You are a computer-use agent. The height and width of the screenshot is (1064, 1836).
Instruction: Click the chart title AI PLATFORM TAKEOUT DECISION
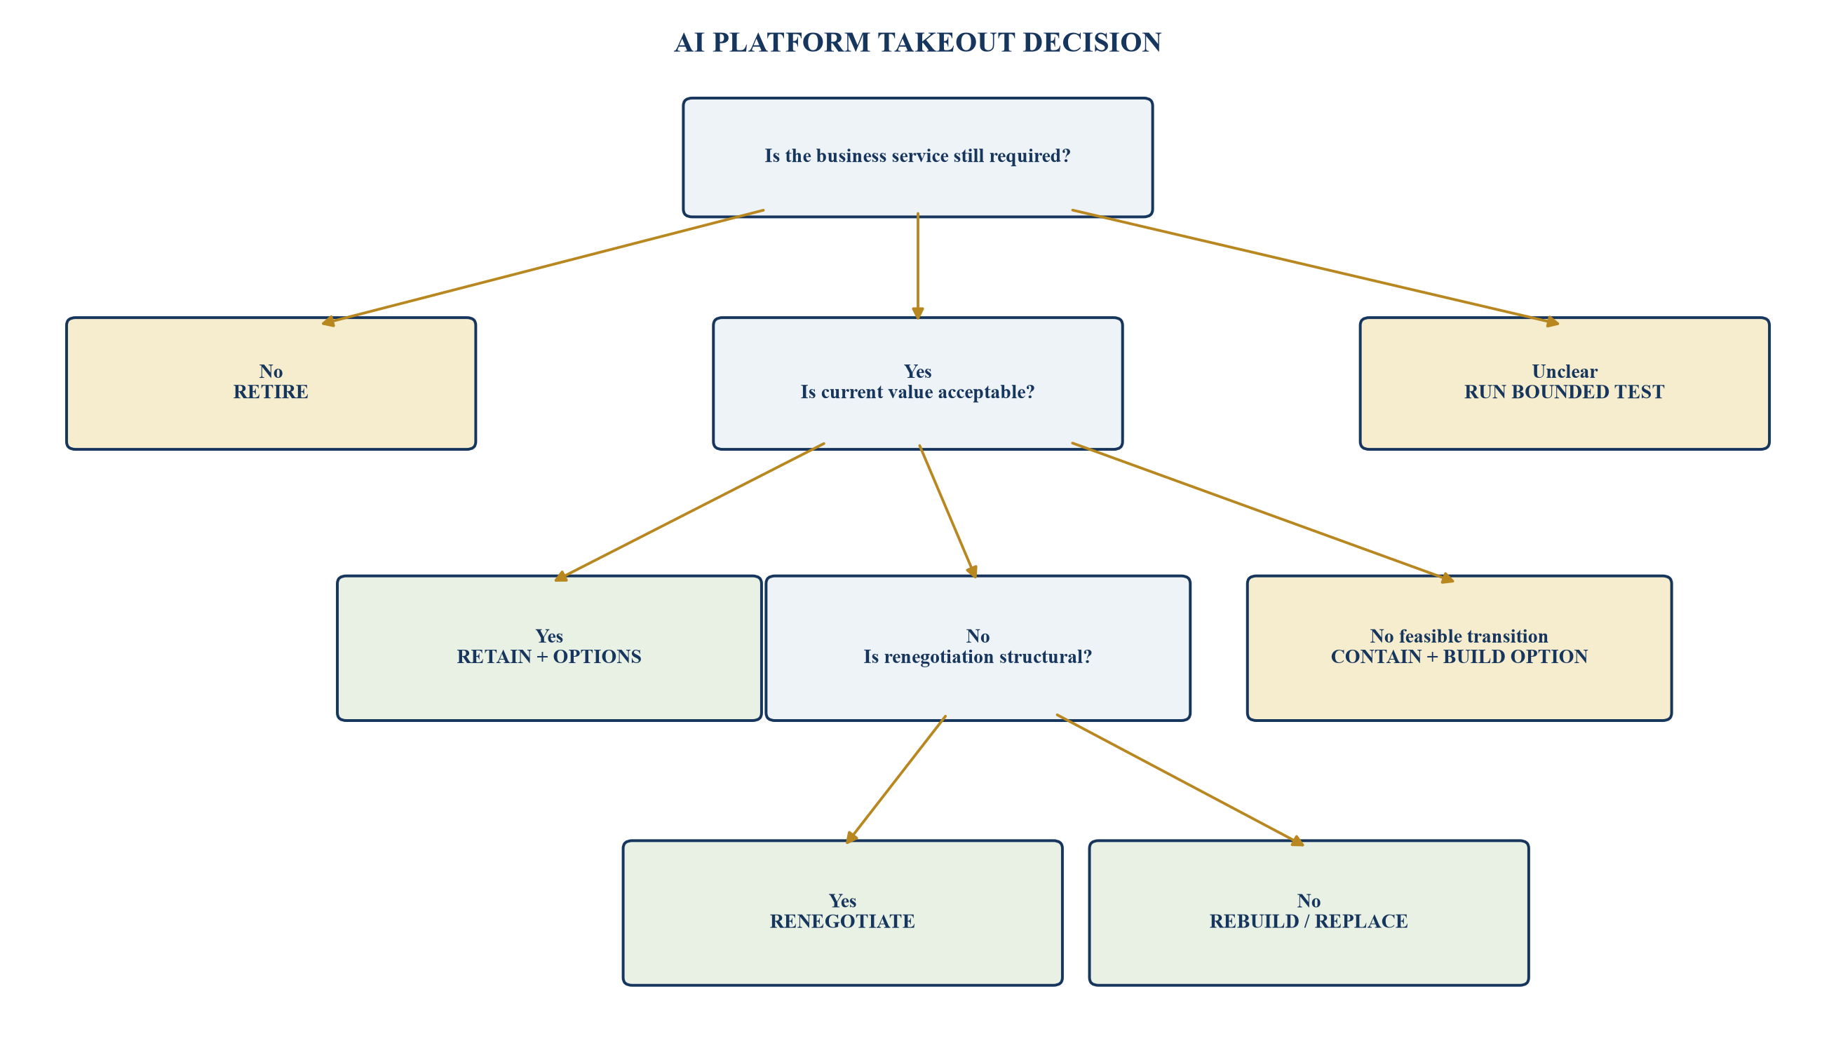pyautogui.click(x=917, y=42)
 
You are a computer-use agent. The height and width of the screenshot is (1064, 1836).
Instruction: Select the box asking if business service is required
pyautogui.click(x=917, y=157)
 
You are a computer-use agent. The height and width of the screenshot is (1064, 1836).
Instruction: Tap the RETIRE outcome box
pyautogui.click(x=271, y=383)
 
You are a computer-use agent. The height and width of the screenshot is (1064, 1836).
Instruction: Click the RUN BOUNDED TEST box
pyautogui.click(x=1564, y=383)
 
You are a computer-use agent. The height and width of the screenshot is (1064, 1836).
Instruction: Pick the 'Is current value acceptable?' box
pyautogui.click(x=917, y=383)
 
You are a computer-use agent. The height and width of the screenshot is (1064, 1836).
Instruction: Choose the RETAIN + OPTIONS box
pyautogui.click(x=548, y=648)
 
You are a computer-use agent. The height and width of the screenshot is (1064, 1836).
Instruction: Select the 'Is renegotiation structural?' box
pyautogui.click(x=978, y=648)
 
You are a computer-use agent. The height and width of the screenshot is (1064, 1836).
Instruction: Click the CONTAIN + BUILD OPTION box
pyautogui.click(x=1459, y=648)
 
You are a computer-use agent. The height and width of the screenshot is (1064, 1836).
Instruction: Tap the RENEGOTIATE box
pyautogui.click(x=842, y=913)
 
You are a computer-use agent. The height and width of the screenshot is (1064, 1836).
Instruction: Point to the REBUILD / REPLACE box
pyautogui.click(x=1309, y=913)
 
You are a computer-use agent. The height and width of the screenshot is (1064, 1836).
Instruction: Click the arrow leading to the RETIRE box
pyautogui.click(x=543, y=267)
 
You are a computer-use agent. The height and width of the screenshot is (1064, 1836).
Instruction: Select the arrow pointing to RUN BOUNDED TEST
pyautogui.click(x=1315, y=267)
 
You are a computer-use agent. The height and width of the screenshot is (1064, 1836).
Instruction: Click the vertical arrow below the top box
pyautogui.click(x=918, y=266)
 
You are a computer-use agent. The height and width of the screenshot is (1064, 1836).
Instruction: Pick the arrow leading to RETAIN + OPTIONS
pyautogui.click(x=689, y=511)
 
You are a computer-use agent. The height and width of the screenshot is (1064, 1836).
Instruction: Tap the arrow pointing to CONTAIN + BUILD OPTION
pyautogui.click(x=1262, y=512)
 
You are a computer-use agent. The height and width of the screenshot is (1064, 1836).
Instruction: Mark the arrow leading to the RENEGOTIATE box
pyautogui.click(x=896, y=780)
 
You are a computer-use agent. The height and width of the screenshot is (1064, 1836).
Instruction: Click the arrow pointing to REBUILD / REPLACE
pyautogui.click(x=1180, y=780)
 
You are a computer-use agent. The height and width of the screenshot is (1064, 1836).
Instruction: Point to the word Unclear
pyautogui.click(x=1564, y=371)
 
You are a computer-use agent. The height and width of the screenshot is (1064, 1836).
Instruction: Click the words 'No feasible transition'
pyautogui.click(x=1459, y=636)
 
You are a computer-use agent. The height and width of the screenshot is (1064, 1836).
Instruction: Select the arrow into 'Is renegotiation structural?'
pyautogui.click(x=948, y=511)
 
